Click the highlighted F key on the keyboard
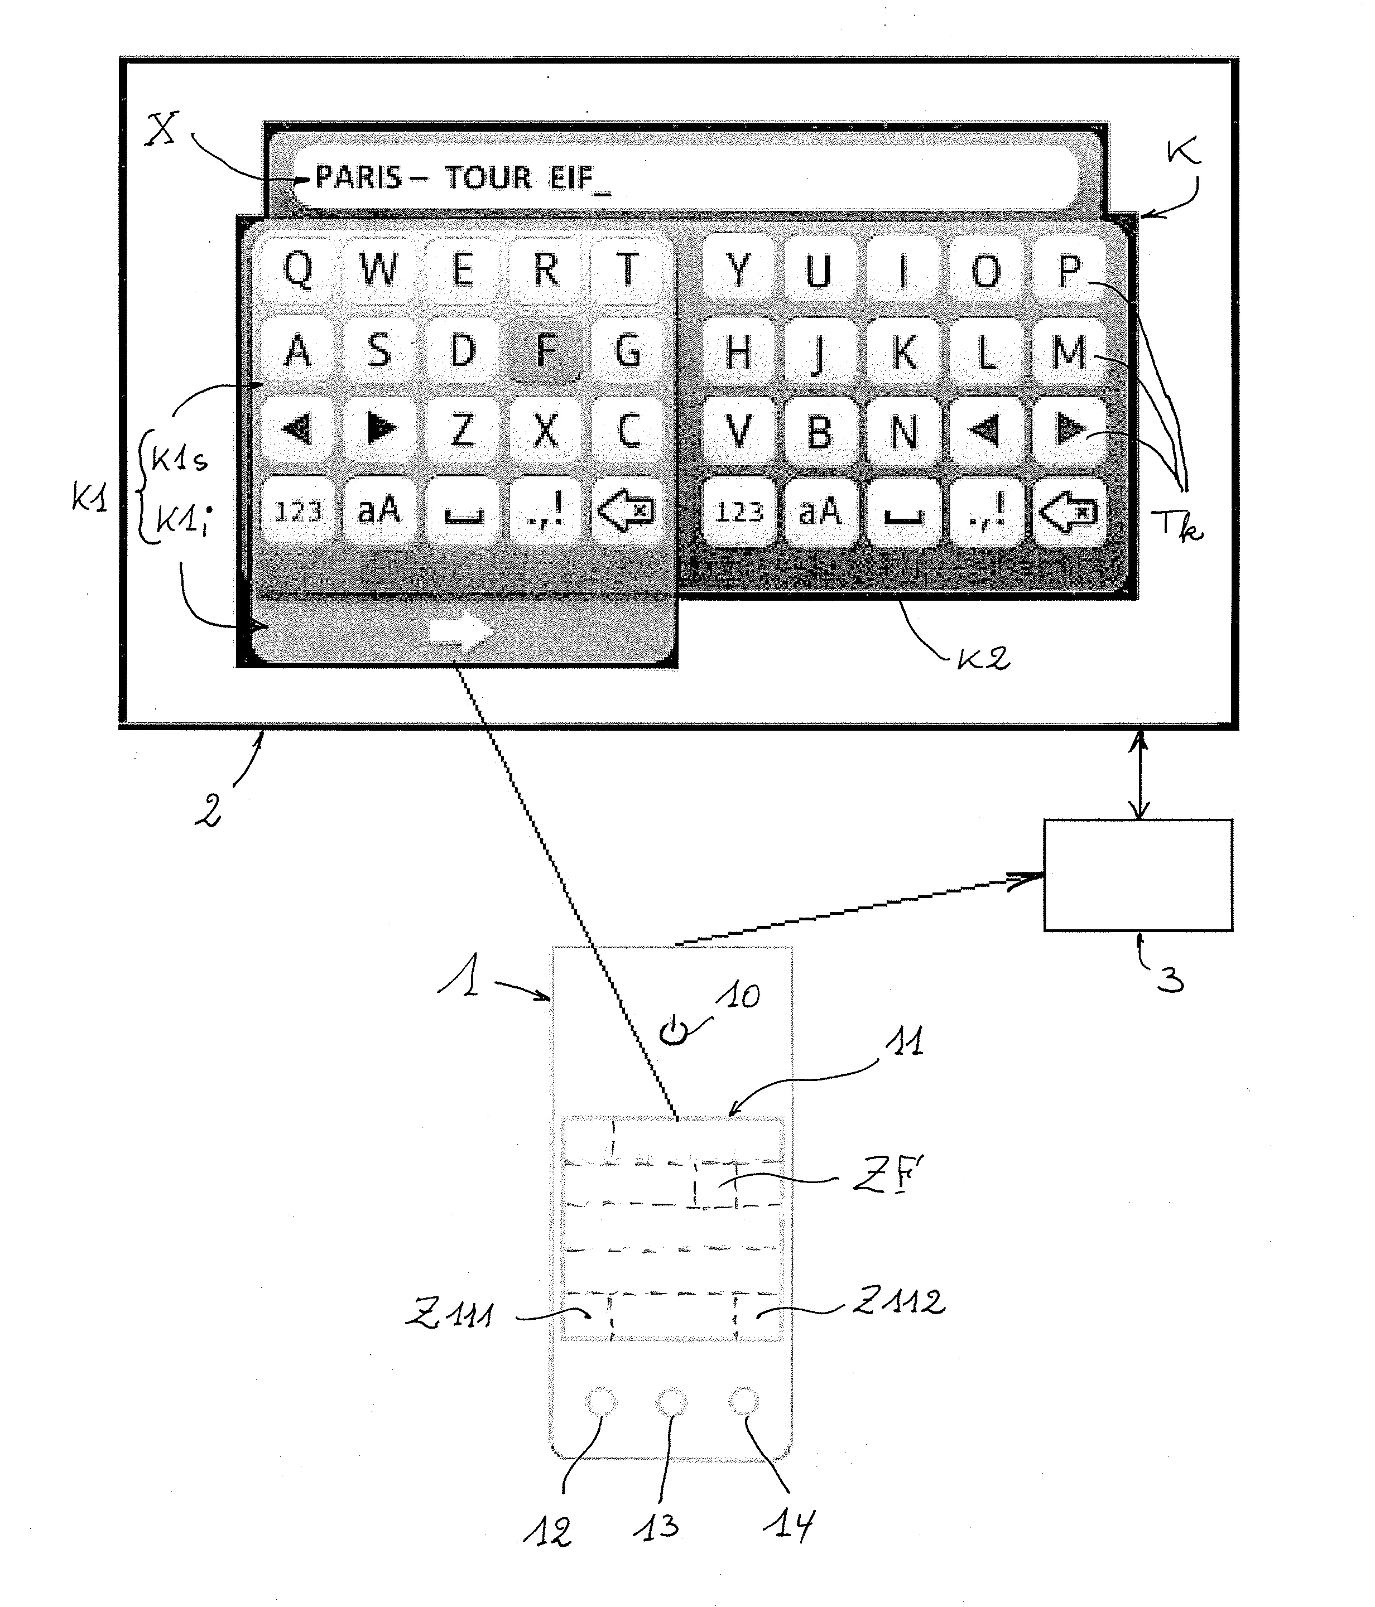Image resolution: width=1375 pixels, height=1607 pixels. click(x=546, y=350)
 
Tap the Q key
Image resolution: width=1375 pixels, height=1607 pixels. click(x=298, y=269)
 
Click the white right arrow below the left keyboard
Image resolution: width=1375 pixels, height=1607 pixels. click(x=461, y=631)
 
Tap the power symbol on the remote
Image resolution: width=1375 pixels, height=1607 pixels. click(x=674, y=1031)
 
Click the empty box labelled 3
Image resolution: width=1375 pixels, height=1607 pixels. click(x=1138, y=874)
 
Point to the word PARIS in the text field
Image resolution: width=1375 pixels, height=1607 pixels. click(x=358, y=177)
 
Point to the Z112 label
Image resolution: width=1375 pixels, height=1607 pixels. click(x=900, y=1301)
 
